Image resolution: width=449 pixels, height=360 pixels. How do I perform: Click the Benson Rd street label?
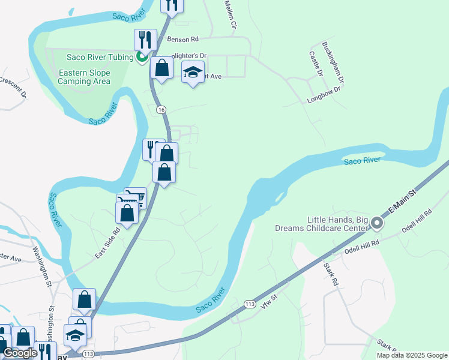pos(182,39)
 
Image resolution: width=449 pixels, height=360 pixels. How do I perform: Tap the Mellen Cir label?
pos(231,14)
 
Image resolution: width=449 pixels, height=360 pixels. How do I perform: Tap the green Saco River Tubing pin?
pos(142,58)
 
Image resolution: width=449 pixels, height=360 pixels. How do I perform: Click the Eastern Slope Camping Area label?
pos(85,77)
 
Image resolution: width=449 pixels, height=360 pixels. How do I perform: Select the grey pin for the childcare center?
pos(377,223)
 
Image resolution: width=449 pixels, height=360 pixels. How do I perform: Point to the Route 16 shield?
pos(161,110)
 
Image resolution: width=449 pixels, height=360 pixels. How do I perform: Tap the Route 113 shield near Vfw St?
pos(251,305)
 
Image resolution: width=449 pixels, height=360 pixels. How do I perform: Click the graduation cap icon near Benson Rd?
pos(192,73)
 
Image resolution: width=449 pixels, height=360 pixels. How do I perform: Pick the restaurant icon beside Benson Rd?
pos(145,40)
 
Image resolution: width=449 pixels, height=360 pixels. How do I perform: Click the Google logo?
pos(20,353)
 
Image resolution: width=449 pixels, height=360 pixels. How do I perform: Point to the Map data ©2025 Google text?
pos(412,355)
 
